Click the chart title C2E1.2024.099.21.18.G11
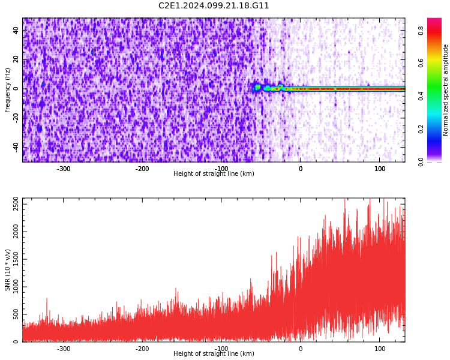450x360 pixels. [x=214, y=6]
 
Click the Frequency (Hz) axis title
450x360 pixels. [x=8, y=90]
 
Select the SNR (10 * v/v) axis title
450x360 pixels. [x=8, y=270]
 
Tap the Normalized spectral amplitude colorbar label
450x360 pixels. [x=446, y=90]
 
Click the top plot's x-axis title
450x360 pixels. [x=214, y=174]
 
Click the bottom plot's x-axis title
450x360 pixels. [x=214, y=354]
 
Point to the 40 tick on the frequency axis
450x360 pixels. [x=16, y=31]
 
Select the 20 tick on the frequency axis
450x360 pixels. [x=16, y=60]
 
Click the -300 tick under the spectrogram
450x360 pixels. [x=64, y=169]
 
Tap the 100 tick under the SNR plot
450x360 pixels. [x=380, y=349]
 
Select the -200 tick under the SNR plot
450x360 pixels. [x=142, y=349]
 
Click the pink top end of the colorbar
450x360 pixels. [x=434, y=22]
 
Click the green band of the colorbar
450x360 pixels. [x=434, y=90]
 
